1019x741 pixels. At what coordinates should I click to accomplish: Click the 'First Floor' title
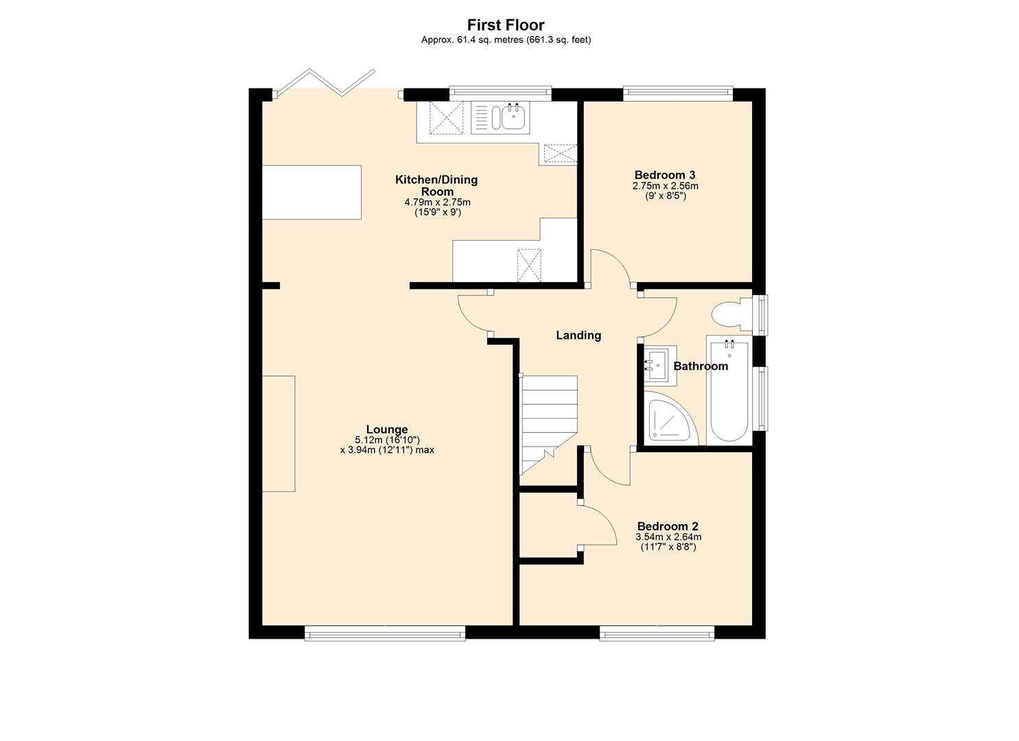tap(506, 25)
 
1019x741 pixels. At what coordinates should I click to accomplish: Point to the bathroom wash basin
tap(657, 364)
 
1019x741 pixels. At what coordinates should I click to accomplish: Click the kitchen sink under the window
tap(511, 117)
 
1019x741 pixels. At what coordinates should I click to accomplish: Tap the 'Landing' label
tap(578, 335)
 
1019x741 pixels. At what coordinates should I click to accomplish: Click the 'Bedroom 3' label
tap(665, 175)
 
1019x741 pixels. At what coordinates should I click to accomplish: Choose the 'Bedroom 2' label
tap(668, 526)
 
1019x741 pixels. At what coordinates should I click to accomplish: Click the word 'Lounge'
tap(386, 430)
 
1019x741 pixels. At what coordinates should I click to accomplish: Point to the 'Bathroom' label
tap(700, 366)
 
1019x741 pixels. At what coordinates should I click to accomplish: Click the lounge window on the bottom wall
tap(385, 633)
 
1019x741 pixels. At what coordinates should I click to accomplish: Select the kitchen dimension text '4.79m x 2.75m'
tap(437, 202)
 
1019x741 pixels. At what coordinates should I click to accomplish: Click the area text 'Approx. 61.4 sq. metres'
tap(472, 40)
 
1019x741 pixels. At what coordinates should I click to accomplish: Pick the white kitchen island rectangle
tap(312, 191)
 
